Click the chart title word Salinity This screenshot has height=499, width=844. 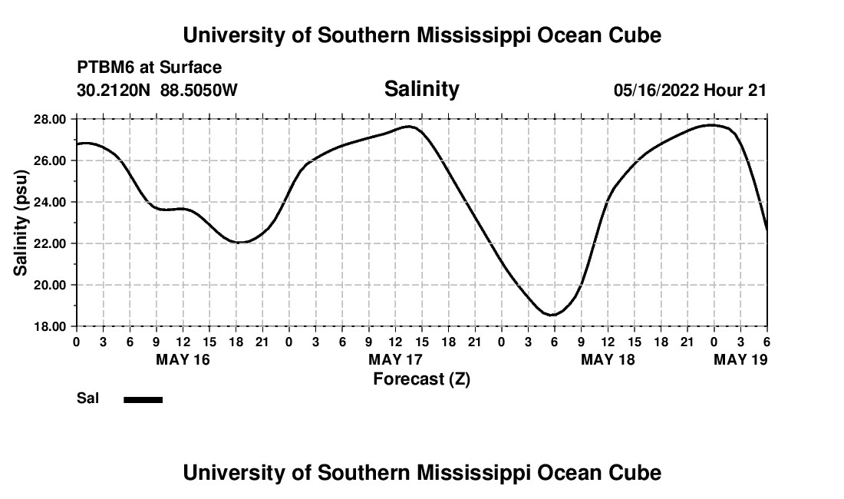[x=421, y=89]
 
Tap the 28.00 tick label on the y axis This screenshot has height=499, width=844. [x=50, y=119]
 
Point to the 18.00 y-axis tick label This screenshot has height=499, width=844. [x=50, y=326]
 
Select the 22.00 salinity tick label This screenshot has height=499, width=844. [x=50, y=243]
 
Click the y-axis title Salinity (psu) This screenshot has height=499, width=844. [x=21, y=223]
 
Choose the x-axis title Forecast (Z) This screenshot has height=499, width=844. [x=421, y=378]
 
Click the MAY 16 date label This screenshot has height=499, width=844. [x=183, y=359]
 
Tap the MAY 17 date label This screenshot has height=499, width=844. [x=395, y=359]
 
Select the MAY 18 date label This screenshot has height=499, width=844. [x=608, y=359]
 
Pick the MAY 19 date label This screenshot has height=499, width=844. [x=740, y=359]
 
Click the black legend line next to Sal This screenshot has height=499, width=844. [x=143, y=399]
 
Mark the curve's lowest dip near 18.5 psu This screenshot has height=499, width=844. [x=552, y=315]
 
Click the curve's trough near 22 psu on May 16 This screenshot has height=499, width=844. [x=240, y=242]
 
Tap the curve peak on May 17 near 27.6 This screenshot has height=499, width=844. [x=410, y=127]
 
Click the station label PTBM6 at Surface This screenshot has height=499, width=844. [x=149, y=68]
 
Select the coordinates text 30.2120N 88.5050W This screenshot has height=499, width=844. [x=157, y=90]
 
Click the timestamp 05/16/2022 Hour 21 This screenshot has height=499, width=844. [x=690, y=90]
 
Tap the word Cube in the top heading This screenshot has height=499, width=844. [x=633, y=35]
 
